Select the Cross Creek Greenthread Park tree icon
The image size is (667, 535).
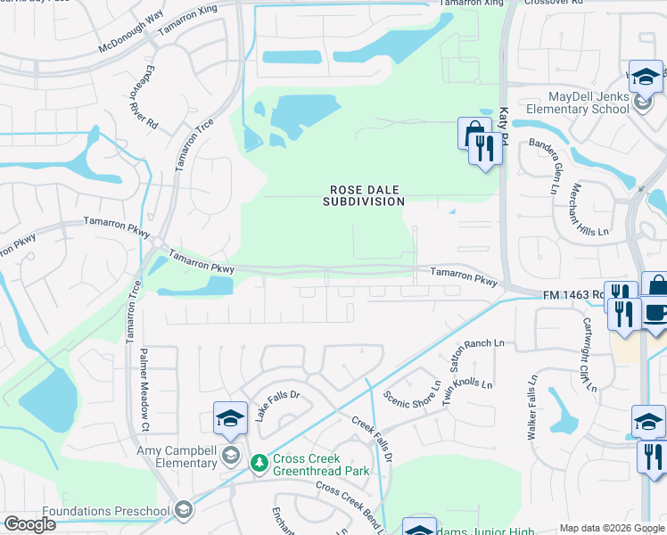tap(259, 462)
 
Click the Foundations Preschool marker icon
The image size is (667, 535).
tap(184, 510)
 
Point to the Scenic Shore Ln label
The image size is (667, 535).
tap(412, 392)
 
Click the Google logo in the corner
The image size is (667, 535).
tap(30, 524)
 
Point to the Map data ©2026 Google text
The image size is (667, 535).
tap(611, 528)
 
